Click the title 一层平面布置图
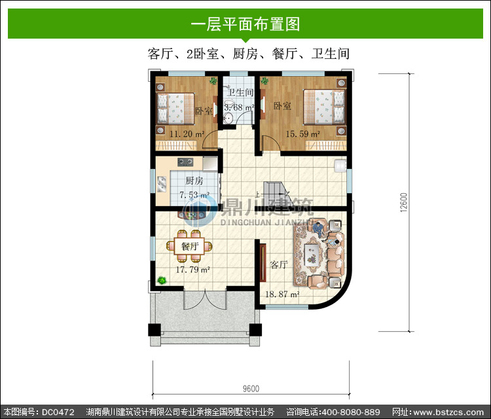pyautogui.click(x=245, y=24)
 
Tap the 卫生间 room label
pyautogui.click(x=240, y=92)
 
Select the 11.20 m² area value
pyautogui.click(x=187, y=134)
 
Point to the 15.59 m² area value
pyautogui.click(x=303, y=134)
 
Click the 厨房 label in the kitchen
pyautogui.click(x=194, y=181)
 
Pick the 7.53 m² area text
pyautogui.click(x=194, y=195)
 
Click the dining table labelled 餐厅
pyautogui.click(x=189, y=246)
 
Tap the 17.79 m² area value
pyautogui.click(x=192, y=270)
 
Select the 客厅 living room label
pyautogui.click(x=279, y=264)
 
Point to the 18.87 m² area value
pyautogui.click(x=282, y=295)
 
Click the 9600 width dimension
pyautogui.click(x=251, y=389)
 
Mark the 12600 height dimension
pyautogui.click(x=404, y=202)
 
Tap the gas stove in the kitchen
pyautogui.click(x=185, y=162)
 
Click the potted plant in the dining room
pyautogui.click(x=162, y=280)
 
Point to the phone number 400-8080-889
pyautogui.click(x=351, y=412)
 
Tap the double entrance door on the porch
pyautogui.click(x=205, y=300)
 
